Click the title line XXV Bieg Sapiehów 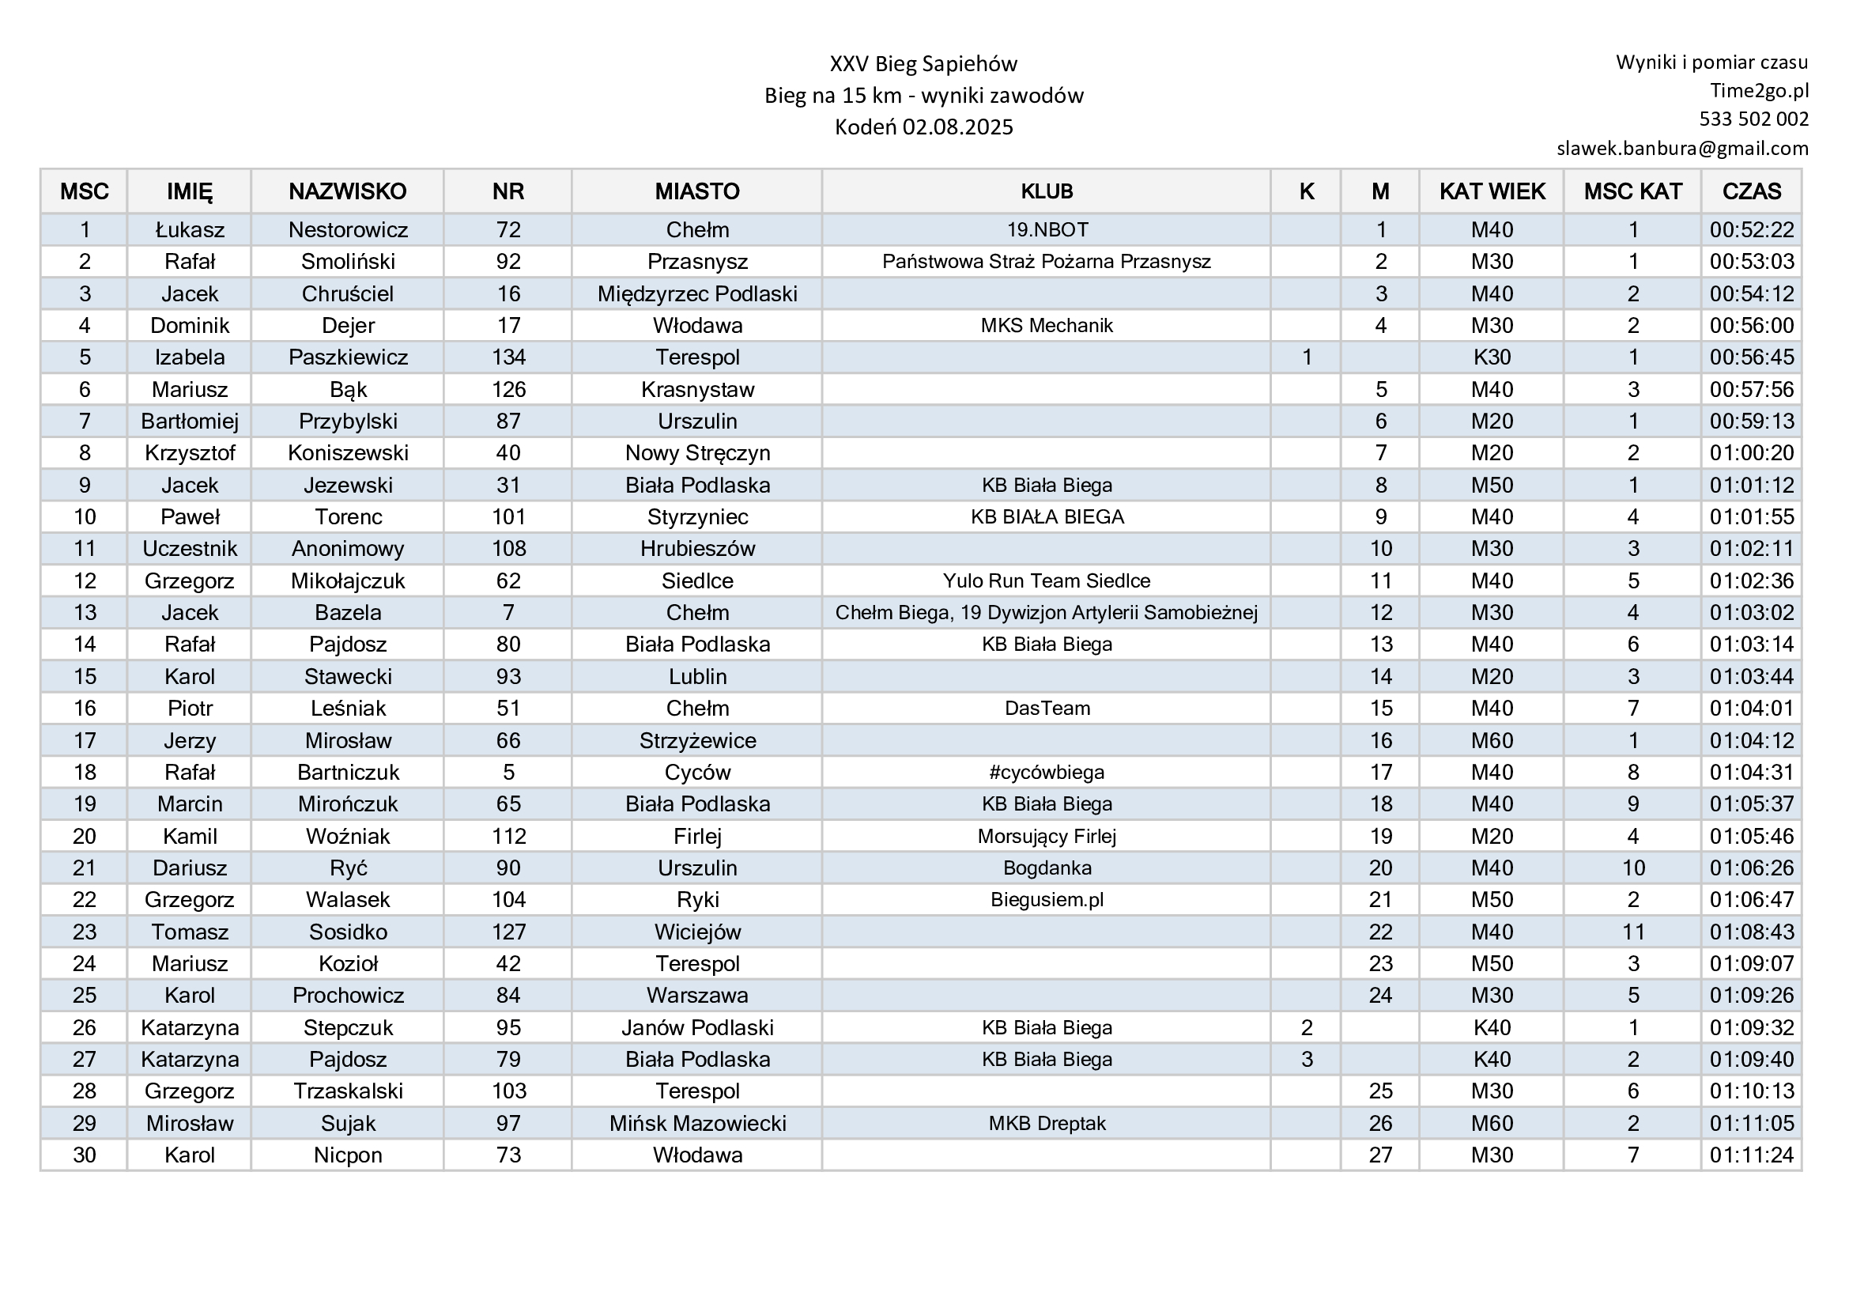click(x=923, y=63)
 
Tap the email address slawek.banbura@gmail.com click(x=1682, y=148)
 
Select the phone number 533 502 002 click(x=1753, y=119)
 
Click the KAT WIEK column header click(x=1492, y=191)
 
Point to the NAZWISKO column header click(x=347, y=191)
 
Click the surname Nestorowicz click(x=348, y=230)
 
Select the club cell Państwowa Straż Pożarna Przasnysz click(x=1046, y=262)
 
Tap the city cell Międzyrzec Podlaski click(x=696, y=294)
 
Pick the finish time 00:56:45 click(x=1752, y=357)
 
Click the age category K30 click(x=1492, y=357)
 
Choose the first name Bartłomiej click(x=189, y=422)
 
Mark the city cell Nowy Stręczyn click(x=696, y=453)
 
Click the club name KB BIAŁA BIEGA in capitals click(x=1046, y=517)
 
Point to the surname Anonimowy click(x=347, y=550)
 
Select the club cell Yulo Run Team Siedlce click(x=1046, y=580)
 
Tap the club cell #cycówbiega click(x=1046, y=773)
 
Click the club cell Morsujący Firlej click(x=1046, y=836)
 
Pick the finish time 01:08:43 click(x=1752, y=932)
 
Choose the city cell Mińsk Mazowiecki click(x=696, y=1124)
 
